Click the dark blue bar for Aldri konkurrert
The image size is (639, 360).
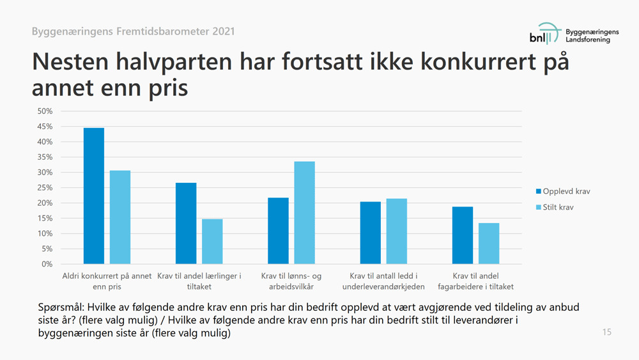(94, 196)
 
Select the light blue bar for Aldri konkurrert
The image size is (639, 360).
(120, 217)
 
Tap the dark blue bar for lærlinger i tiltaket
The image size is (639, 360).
(186, 223)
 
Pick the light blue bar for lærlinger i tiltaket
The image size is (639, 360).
(212, 242)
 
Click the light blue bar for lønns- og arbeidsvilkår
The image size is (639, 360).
(304, 213)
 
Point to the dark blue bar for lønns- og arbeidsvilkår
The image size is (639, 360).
(278, 231)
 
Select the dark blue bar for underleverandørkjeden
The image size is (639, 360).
(371, 233)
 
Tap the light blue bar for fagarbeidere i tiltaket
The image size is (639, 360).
(489, 244)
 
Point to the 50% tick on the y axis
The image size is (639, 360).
(45, 111)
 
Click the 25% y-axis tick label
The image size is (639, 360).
(45, 187)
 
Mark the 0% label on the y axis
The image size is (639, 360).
(47, 264)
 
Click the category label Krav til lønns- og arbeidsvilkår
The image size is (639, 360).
(291, 281)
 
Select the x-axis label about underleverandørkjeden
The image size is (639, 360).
(383, 281)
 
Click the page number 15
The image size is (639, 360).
(606, 332)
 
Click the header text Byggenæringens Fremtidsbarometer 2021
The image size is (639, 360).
(133, 31)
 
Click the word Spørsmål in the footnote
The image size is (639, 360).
(61, 308)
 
